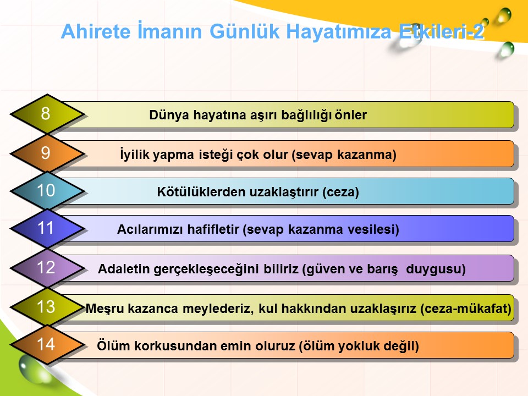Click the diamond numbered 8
point(47,113)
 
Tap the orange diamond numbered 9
point(47,153)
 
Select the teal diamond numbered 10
point(47,191)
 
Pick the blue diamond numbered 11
point(47,228)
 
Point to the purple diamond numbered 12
point(47,268)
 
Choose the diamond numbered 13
point(47,307)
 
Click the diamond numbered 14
point(47,344)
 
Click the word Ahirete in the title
point(96,31)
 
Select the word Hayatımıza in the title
point(339,32)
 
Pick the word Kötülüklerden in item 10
point(201,192)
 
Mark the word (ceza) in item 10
point(340,193)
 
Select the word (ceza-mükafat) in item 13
point(466,309)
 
